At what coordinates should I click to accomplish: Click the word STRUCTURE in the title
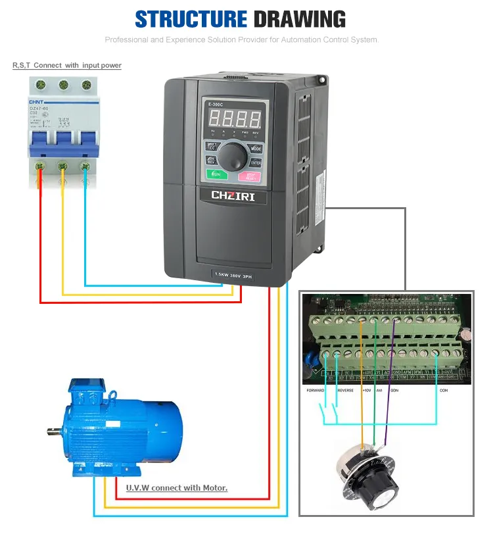click(191, 19)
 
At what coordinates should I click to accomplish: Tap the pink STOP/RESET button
click(250, 176)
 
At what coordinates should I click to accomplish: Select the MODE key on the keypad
click(256, 149)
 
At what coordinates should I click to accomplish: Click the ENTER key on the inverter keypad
click(256, 162)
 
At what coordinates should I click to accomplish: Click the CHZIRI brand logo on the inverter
click(233, 195)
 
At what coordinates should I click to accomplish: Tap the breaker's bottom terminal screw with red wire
click(40, 166)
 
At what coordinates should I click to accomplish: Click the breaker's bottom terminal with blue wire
click(85, 166)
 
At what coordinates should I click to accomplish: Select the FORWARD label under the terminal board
click(316, 391)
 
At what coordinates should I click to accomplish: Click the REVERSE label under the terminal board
click(346, 391)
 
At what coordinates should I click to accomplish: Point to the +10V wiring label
click(367, 391)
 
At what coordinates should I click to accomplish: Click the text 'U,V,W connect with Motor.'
click(177, 488)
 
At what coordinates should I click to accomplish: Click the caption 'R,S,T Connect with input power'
click(67, 66)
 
